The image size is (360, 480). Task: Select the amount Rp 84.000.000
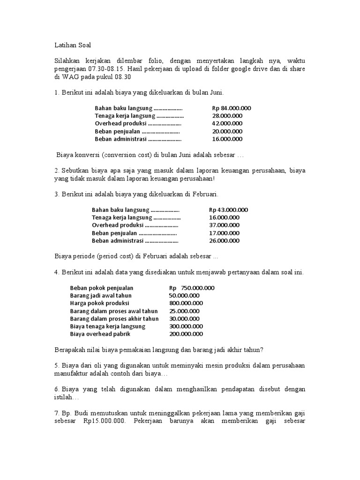[231, 108]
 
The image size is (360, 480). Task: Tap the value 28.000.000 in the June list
[227, 116]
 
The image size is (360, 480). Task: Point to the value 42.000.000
[227, 124]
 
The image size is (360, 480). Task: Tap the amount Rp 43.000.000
[228, 210]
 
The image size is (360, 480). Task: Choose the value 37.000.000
[225, 225]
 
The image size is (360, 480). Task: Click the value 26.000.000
[225, 241]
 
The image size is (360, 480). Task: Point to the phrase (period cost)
[114, 256]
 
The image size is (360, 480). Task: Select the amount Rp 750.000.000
[192, 288]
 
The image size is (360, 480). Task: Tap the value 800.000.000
[186, 303]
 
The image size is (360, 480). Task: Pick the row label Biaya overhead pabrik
[100, 334]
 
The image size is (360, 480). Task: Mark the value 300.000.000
[186, 326]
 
